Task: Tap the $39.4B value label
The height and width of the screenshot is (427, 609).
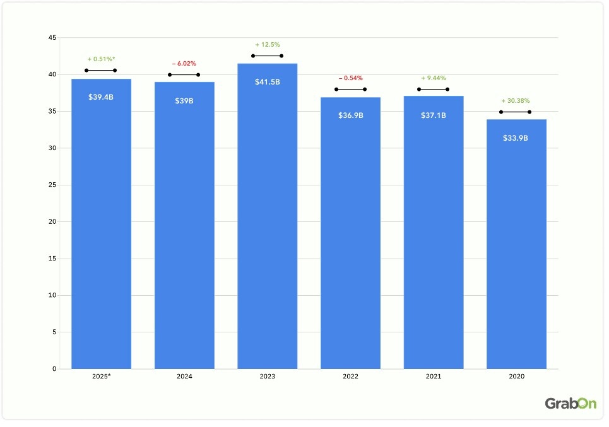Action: [101, 97]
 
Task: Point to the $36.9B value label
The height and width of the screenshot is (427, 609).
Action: [350, 115]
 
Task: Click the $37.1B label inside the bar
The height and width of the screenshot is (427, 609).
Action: [433, 115]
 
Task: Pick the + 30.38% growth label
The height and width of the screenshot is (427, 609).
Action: [516, 101]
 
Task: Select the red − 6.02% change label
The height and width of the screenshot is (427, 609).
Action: [184, 64]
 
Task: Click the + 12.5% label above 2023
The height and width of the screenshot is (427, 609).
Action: [267, 45]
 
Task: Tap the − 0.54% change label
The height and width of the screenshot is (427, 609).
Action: [350, 78]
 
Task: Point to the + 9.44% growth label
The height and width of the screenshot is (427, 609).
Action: [433, 78]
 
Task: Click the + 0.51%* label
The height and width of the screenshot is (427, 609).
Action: [101, 59]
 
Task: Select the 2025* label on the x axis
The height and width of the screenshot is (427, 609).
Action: [101, 376]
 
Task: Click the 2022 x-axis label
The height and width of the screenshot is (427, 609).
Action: [350, 376]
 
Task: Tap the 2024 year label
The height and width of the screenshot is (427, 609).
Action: [184, 376]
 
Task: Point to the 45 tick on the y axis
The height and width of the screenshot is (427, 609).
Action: [52, 38]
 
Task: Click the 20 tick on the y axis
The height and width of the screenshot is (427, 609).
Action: [52, 222]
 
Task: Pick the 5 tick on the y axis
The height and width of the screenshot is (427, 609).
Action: [54, 332]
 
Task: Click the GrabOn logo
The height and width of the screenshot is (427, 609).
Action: [571, 404]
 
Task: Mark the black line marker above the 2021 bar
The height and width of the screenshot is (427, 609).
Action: [433, 89]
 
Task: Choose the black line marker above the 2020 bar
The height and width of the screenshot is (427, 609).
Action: [516, 112]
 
